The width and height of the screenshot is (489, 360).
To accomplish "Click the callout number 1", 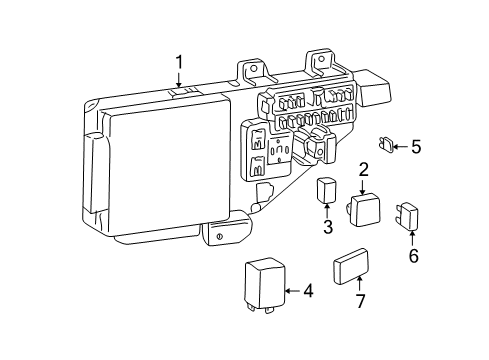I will (180, 65).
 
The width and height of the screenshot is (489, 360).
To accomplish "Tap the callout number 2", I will (364, 170).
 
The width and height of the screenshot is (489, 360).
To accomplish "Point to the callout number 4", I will (308, 291).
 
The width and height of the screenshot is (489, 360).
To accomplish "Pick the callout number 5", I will (415, 147).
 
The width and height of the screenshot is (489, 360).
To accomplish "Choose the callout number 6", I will (413, 255).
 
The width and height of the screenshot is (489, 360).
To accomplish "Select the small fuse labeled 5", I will (386, 146).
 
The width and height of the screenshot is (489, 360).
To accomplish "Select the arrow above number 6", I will (413, 238).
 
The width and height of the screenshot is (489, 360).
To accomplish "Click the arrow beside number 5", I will (400, 147).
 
